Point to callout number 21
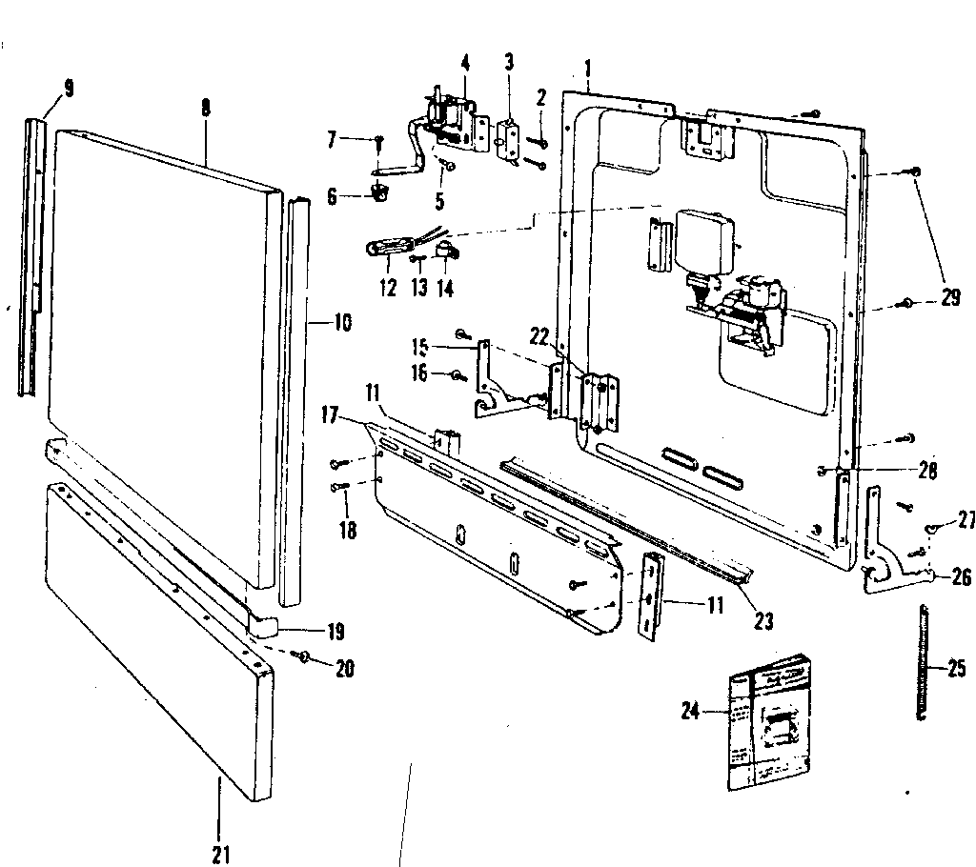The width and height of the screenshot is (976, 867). coord(220,854)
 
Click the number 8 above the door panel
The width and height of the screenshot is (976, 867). coord(206,109)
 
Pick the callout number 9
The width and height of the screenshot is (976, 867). coord(68,90)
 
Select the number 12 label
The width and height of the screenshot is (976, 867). coord(387,289)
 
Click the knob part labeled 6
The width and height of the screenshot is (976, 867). coord(380,193)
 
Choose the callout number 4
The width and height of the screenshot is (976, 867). coord(464,64)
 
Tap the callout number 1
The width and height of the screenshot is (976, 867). coord(589,69)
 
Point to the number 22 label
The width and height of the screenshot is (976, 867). coord(539,335)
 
